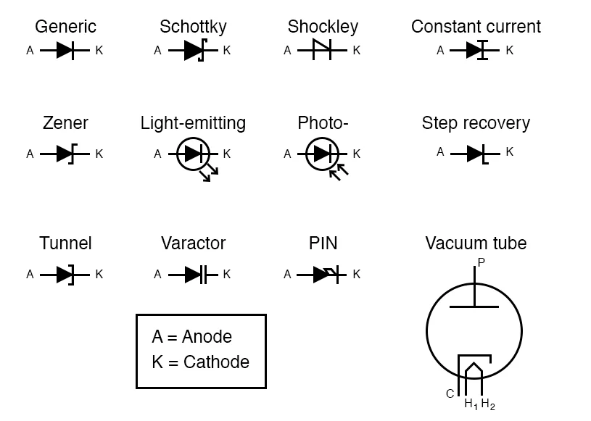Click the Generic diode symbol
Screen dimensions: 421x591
pos(65,51)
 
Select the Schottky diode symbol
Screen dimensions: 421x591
pos(194,51)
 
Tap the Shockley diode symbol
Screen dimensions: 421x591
pos(321,51)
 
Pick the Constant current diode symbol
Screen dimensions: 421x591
pos(475,51)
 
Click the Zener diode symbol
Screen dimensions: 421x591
pos(65,154)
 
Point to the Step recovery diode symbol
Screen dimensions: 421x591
pos(475,153)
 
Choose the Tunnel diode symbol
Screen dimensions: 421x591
pos(65,275)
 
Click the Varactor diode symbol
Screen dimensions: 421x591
pos(194,275)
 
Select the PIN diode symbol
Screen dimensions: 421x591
pos(323,275)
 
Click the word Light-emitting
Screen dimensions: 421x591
pos(193,123)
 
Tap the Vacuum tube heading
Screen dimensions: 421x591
pos(476,243)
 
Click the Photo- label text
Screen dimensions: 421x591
pos(323,123)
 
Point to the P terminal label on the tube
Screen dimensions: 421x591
pos(481,262)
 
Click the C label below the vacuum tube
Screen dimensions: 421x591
pos(450,394)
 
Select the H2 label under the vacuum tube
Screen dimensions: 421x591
pos(488,404)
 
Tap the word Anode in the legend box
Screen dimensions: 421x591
pos(207,337)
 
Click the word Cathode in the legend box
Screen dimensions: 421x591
pos(216,362)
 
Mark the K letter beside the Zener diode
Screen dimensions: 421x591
pos(99,154)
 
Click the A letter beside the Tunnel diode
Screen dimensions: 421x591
pos(30,275)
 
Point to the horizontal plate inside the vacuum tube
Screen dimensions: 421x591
pos(474,307)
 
